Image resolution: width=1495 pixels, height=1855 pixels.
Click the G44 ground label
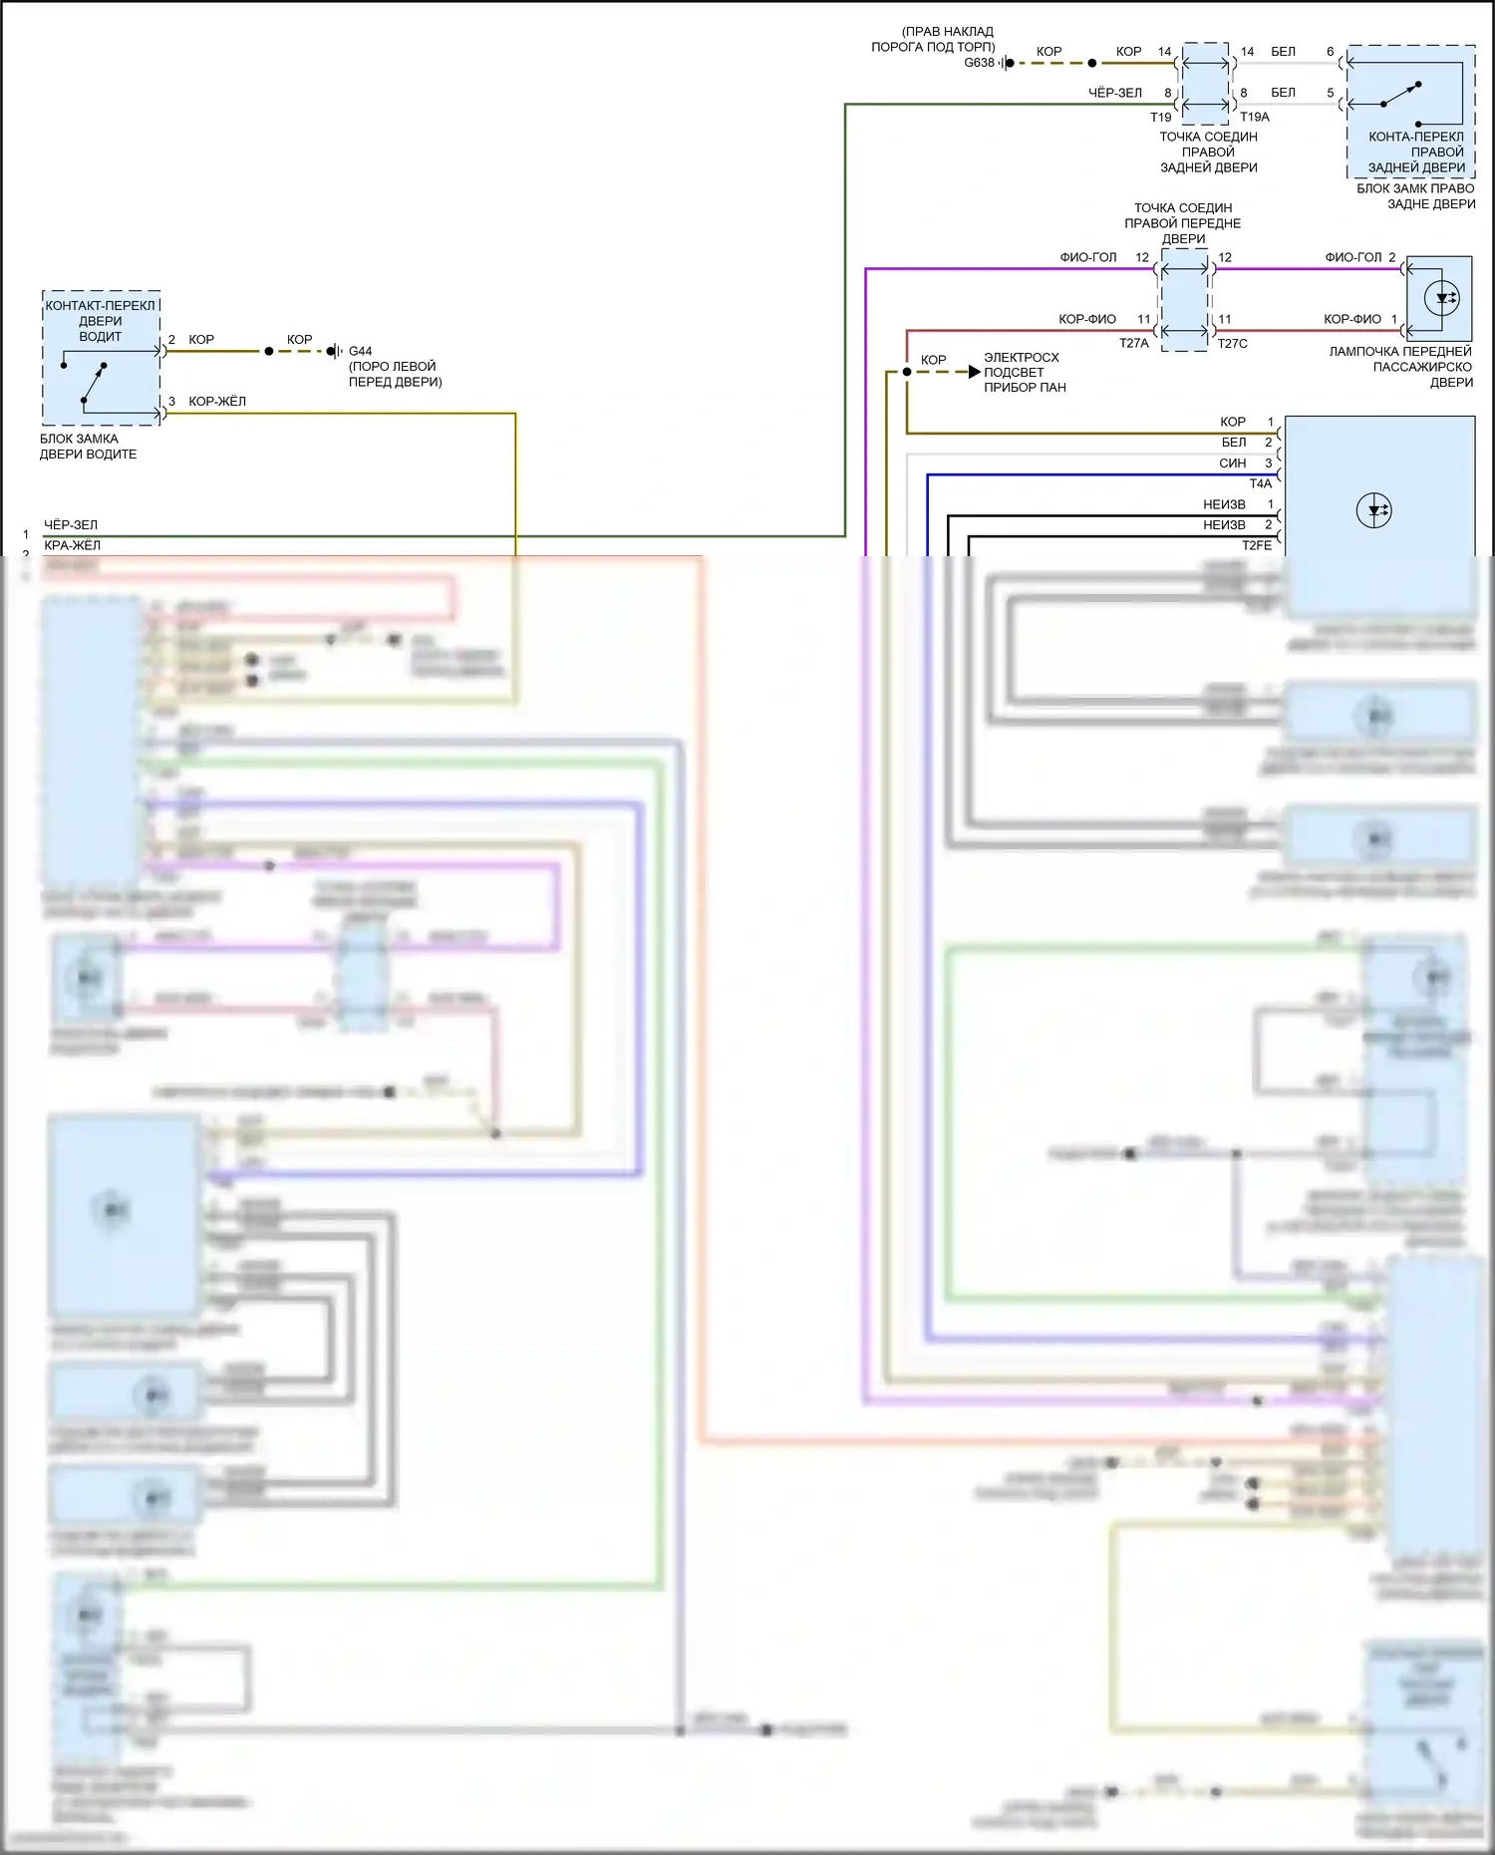pos(360,352)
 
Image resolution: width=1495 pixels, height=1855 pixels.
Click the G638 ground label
pos(979,63)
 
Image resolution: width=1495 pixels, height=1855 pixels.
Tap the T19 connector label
pos(1161,118)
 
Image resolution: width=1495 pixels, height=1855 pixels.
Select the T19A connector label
pos(1255,118)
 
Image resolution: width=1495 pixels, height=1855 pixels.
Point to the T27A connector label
pos(1134,344)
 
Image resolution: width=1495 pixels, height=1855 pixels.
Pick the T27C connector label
pos(1233,344)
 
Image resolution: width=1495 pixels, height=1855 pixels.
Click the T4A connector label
pos(1261,484)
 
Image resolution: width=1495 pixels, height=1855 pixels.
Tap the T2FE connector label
pos(1257,546)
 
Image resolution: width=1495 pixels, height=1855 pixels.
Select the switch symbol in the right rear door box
pos(1401,95)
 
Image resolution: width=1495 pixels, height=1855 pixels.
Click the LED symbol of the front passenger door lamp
pos(1441,298)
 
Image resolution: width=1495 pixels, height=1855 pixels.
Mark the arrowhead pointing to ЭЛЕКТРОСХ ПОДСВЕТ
pos(975,372)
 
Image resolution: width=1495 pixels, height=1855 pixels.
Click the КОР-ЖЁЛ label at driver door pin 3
pos(217,402)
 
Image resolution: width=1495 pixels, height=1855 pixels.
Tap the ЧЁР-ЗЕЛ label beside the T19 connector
pos(1115,93)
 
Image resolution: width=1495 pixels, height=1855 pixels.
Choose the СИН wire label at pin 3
pos(1233,464)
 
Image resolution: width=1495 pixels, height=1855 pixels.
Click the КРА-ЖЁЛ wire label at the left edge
pos(72,545)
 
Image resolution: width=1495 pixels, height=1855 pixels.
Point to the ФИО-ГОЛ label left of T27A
pos(1088,257)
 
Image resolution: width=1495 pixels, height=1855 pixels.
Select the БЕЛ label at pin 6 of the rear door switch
pos(1284,52)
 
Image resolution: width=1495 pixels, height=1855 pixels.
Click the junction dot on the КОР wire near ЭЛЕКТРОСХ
pos(907,372)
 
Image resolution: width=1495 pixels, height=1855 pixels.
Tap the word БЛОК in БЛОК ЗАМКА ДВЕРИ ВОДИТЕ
pos(58,439)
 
